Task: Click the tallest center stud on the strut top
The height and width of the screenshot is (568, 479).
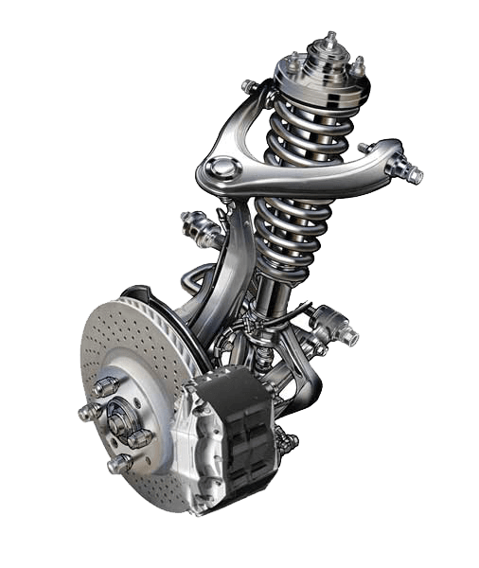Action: click(x=329, y=42)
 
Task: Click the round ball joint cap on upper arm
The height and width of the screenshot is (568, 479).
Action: click(x=222, y=169)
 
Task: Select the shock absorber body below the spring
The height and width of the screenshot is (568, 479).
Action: click(x=277, y=293)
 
